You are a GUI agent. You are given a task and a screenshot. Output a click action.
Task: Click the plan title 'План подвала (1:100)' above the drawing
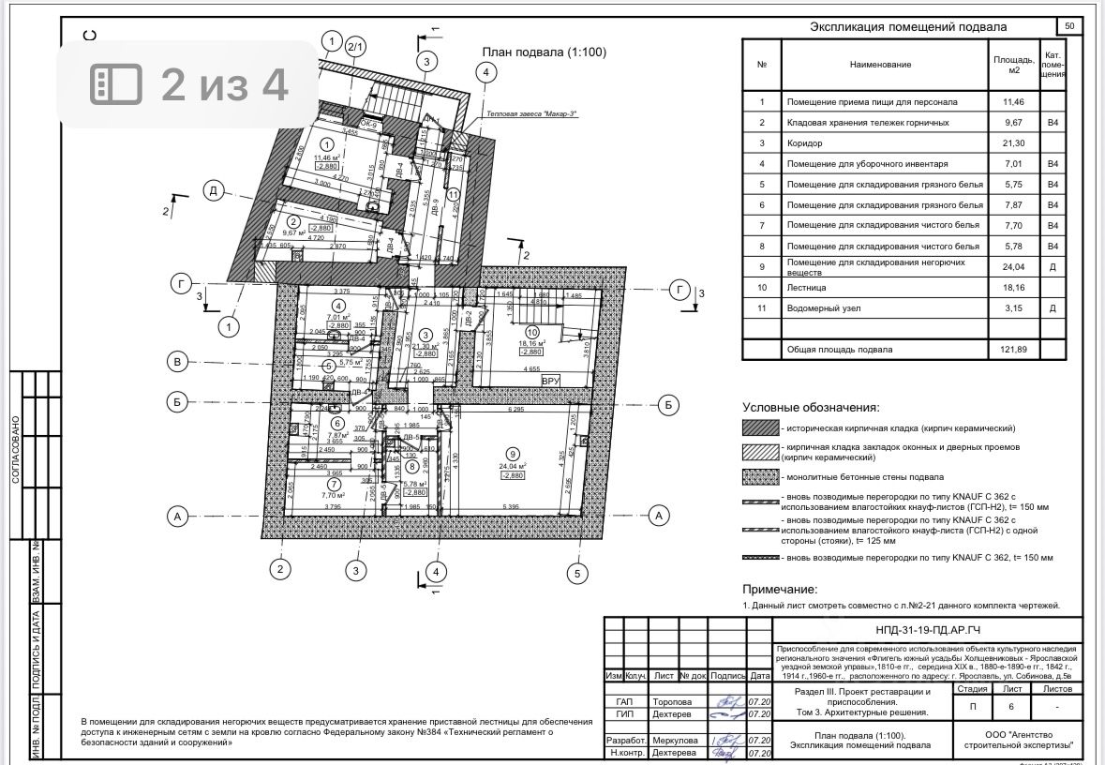click(544, 52)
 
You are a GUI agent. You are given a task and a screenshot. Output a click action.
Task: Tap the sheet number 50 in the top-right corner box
click(1069, 26)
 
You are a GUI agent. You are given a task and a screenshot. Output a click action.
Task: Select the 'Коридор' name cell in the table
click(805, 142)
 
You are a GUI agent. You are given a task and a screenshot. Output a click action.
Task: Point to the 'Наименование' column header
click(880, 64)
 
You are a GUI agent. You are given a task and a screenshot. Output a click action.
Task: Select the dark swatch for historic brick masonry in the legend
click(760, 427)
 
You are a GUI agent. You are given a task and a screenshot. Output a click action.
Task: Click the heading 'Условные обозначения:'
click(811, 408)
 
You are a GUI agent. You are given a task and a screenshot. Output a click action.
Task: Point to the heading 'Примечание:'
click(780, 590)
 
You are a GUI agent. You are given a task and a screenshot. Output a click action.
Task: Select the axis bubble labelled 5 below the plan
click(578, 574)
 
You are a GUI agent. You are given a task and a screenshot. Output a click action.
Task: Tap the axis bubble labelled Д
click(213, 191)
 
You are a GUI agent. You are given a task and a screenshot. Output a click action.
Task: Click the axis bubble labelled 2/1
click(356, 46)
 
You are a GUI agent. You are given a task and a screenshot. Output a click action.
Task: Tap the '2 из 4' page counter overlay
click(188, 84)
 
